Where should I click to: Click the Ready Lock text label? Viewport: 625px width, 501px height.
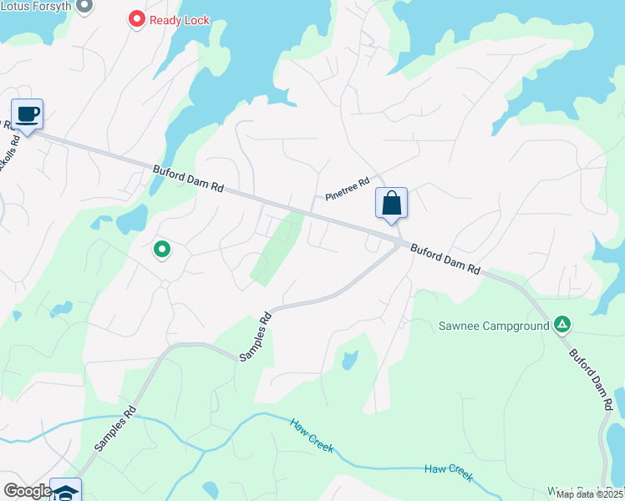180,19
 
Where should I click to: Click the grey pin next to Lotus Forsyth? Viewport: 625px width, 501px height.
84,5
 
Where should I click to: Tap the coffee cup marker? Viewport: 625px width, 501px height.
27,114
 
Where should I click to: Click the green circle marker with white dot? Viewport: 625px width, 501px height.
162,248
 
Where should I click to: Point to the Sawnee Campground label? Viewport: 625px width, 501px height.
493,324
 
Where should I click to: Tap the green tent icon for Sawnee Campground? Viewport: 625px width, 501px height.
563,324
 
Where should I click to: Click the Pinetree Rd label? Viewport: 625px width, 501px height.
348,190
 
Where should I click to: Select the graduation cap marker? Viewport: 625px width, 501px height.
65,491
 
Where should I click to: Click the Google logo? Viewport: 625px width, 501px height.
28,491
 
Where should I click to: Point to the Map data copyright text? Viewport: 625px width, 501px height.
590,494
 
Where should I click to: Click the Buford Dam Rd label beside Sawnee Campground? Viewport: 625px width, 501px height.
592,377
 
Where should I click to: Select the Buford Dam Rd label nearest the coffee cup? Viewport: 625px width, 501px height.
189,178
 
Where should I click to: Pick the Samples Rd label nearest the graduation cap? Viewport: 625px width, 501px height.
115,428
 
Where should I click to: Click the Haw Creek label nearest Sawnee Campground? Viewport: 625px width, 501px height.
448,473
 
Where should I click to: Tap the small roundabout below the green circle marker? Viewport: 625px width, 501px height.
165,285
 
